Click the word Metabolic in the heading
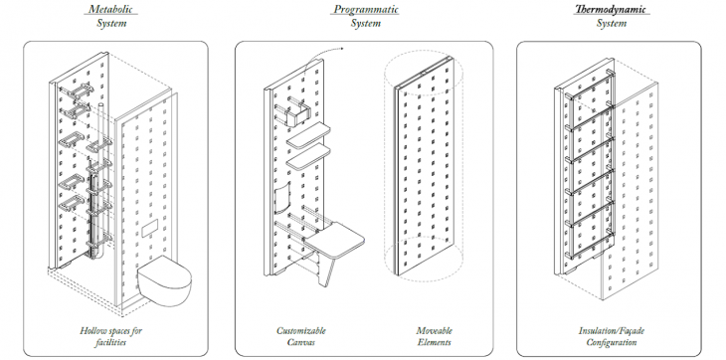point(110,9)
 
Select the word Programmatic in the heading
point(366,9)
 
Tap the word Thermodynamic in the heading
point(611,9)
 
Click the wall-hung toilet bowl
point(164,280)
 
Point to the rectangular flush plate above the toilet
point(149,228)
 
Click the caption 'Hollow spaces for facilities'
point(110,336)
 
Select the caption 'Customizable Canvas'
point(301,336)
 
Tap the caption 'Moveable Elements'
point(434,336)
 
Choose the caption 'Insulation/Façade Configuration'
point(612,336)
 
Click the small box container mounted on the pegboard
point(299,113)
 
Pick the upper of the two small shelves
point(308,135)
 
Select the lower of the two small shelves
point(308,157)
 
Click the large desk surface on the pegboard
point(334,240)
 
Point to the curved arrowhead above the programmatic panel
point(342,48)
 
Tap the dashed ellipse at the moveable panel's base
point(424,260)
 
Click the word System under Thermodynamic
point(612,23)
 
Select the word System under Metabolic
point(111,23)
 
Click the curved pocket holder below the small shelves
point(282,198)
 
